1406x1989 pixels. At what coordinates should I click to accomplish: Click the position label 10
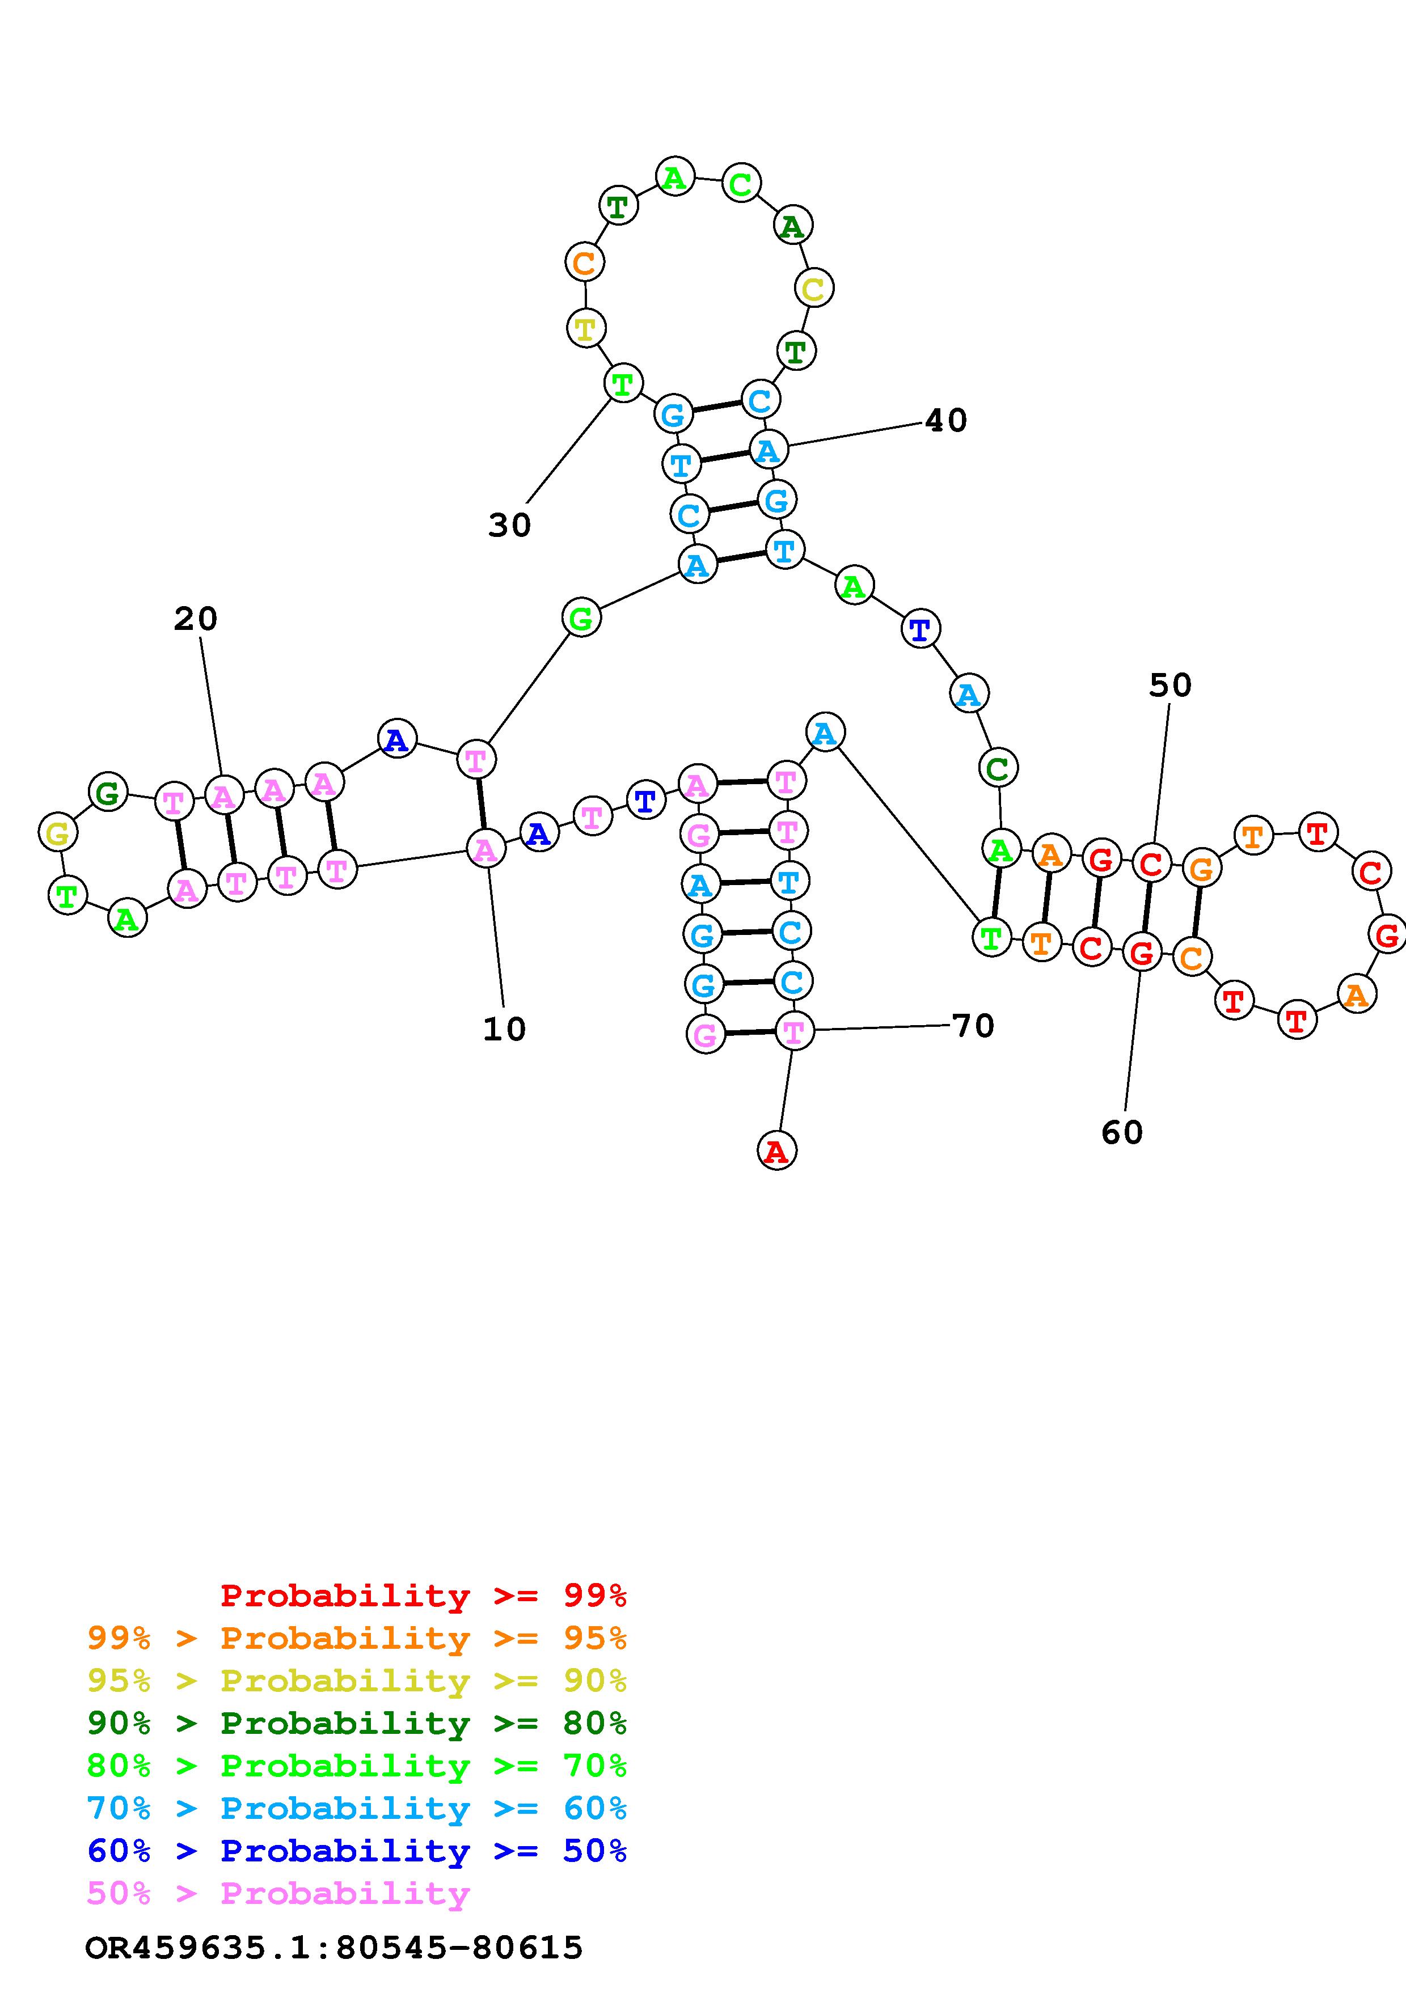(504, 1029)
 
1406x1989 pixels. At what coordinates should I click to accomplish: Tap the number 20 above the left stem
(196, 619)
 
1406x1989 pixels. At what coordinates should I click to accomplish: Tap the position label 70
(973, 1026)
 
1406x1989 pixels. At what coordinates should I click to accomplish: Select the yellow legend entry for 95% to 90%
(357, 1680)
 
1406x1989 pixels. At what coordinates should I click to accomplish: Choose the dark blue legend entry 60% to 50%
(357, 1851)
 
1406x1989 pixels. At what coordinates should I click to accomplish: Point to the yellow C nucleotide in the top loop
(813, 289)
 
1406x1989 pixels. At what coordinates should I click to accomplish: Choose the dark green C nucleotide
(998, 768)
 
